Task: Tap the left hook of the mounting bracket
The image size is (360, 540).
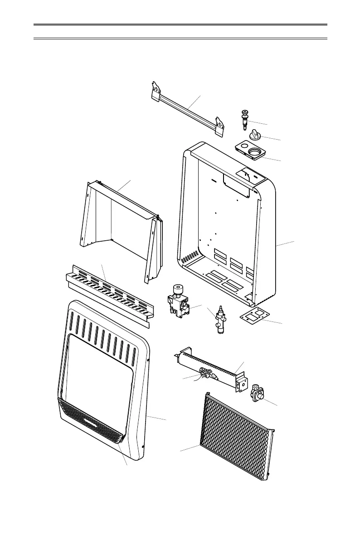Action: pos(156,90)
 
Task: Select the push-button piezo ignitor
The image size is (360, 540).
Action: pos(246,119)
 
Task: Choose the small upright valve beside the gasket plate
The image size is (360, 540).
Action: pos(221,320)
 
